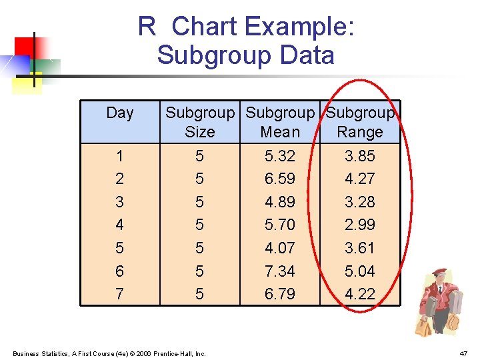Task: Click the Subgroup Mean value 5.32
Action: pyautogui.click(x=279, y=156)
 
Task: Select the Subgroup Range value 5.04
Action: pyautogui.click(x=360, y=271)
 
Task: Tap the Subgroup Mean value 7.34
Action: pyautogui.click(x=279, y=271)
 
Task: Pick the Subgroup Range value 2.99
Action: pyautogui.click(x=360, y=225)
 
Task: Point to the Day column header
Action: pyautogui.click(x=120, y=113)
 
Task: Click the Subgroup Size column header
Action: pyautogui.click(x=200, y=123)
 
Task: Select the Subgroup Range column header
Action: pyautogui.click(x=360, y=123)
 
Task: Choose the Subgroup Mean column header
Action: pyautogui.click(x=279, y=123)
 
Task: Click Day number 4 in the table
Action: pyautogui.click(x=119, y=225)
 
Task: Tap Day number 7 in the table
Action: pyautogui.click(x=119, y=294)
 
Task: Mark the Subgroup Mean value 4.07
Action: pyautogui.click(x=279, y=248)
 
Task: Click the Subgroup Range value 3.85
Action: pyautogui.click(x=360, y=156)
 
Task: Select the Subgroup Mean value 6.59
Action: pyautogui.click(x=279, y=179)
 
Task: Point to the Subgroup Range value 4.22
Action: pyautogui.click(x=360, y=294)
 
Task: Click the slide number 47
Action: pyautogui.click(x=463, y=353)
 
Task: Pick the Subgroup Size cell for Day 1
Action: pyautogui.click(x=199, y=156)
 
